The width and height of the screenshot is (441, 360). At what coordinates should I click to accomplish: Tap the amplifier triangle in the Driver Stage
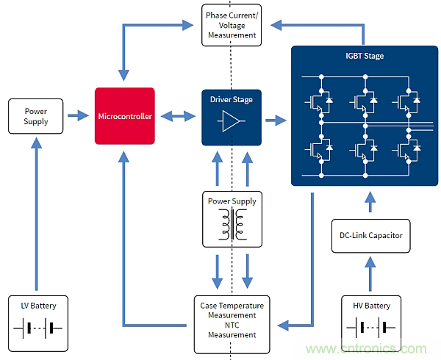pyautogui.click(x=229, y=122)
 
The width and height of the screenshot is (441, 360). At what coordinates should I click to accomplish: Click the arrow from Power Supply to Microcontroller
pyautogui.click(x=76, y=115)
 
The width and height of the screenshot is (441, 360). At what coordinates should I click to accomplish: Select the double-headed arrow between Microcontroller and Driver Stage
pyautogui.click(x=177, y=115)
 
